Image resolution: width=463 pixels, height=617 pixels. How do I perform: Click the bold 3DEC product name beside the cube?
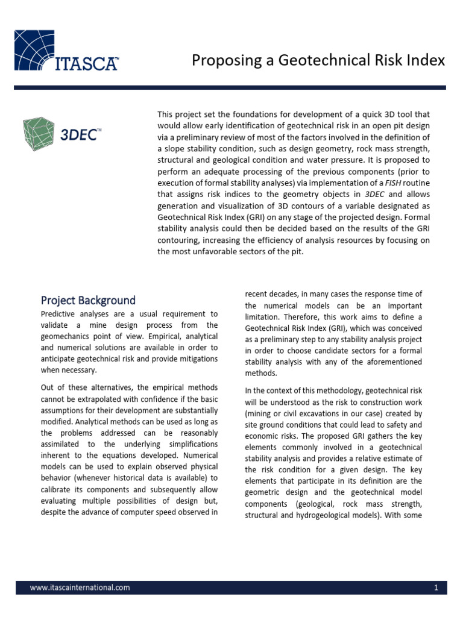pyautogui.click(x=78, y=134)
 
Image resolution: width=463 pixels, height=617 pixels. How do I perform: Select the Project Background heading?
pyautogui.click(x=88, y=300)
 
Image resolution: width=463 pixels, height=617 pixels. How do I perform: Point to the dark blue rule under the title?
pyautogui.click(x=230, y=87)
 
